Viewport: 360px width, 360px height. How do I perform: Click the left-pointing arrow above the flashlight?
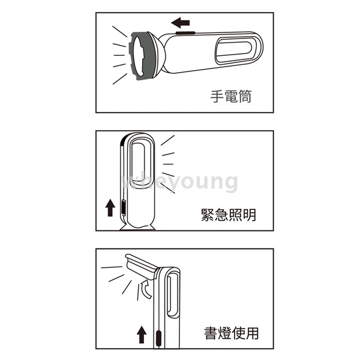click(x=181, y=23)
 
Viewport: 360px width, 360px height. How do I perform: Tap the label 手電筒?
click(x=231, y=97)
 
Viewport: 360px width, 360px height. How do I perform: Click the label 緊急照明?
click(x=229, y=215)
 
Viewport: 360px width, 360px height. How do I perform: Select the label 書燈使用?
click(x=232, y=333)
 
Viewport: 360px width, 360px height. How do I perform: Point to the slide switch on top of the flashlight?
click(x=185, y=33)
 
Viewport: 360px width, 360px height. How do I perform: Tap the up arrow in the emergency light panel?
click(x=110, y=208)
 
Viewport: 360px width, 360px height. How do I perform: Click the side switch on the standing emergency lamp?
click(x=123, y=208)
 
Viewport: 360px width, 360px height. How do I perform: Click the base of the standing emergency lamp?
click(x=137, y=227)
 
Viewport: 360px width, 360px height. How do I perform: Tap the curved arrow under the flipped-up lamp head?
click(x=146, y=289)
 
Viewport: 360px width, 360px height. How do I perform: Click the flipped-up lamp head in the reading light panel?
click(x=141, y=266)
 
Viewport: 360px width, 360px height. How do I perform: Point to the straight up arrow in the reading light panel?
click(x=142, y=335)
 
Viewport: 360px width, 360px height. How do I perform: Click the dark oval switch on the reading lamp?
click(x=158, y=338)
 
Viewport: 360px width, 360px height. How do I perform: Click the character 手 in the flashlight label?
click(x=217, y=97)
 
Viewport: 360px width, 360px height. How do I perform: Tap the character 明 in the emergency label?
click(x=250, y=215)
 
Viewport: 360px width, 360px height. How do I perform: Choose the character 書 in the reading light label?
click(x=211, y=333)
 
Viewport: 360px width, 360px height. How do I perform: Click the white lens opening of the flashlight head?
click(x=139, y=57)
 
